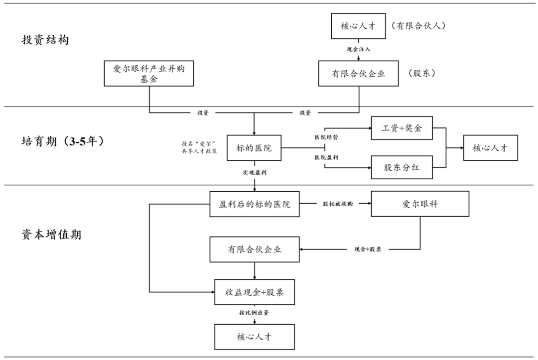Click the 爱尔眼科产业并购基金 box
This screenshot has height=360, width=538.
(149, 74)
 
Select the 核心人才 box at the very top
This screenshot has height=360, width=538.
(359, 26)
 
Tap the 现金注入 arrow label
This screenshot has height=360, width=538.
(359, 49)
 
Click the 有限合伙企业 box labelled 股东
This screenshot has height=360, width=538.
(359, 74)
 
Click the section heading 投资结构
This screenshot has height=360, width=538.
(45, 40)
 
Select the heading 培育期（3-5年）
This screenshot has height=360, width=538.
(63, 141)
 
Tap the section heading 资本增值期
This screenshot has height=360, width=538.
(51, 235)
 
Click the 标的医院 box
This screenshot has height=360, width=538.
(254, 147)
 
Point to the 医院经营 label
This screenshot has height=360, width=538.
(326, 136)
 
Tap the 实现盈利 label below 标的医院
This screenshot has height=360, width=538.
(254, 172)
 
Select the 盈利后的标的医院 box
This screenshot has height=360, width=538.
(255, 204)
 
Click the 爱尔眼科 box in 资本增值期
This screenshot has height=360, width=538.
(420, 204)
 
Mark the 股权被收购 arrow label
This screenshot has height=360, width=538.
(337, 204)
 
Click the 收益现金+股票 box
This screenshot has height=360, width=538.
(255, 292)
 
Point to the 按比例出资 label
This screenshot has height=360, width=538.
(255, 314)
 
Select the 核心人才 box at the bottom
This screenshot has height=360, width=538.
(255, 336)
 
